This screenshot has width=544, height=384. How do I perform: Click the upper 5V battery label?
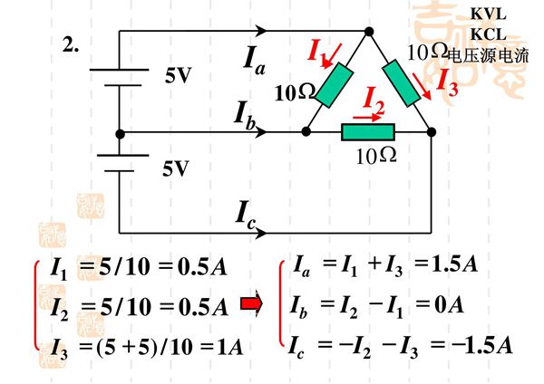pyautogui.click(x=178, y=76)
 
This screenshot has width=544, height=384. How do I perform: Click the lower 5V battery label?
pyautogui.click(x=176, y=168)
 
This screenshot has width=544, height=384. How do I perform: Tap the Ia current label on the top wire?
pyautogui.click(x=256, y=59)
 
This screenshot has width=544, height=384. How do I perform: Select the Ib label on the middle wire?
pyautogui.click(x=244, y=115)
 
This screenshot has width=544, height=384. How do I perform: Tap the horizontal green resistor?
pyautogui.click(x=367, y=133)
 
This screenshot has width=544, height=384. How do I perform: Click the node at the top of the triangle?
pyautogui.click(x=369, y=32)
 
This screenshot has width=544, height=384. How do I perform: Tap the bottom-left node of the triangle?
pyautogui.click(x=306, y=132)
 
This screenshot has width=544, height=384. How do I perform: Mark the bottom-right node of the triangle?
pyautogui.click(x=432, y=132)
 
